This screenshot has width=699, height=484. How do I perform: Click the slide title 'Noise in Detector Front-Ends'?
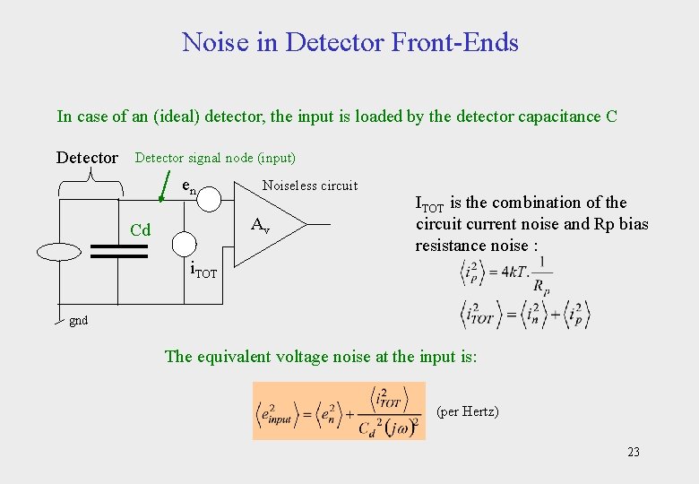pos(349,42)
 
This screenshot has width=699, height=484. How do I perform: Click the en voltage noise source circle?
pos(208,199)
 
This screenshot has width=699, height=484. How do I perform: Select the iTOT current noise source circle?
pos(185,243)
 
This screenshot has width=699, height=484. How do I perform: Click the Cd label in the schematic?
pos(140,231)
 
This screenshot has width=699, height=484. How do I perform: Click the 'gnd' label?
pos(79,320)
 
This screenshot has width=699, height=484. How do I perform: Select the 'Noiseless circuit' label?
pos(309,186)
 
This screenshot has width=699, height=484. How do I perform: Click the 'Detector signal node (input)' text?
pos(214,158)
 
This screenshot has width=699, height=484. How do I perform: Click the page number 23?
pos(634,452)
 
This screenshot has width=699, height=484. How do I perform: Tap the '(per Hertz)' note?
pos(467,412)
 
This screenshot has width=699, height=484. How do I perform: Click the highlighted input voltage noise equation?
pos(339,411)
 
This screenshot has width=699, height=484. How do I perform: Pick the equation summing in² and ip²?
pos(523,315)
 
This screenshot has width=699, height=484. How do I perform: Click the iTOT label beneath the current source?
pos(203,271)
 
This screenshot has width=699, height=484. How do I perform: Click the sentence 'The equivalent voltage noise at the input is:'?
pos(321,357)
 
